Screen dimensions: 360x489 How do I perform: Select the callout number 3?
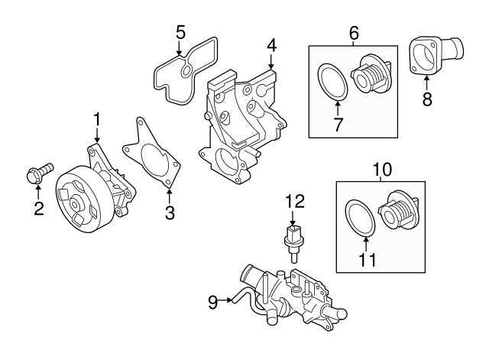pyautogui.click(x=170, y=214)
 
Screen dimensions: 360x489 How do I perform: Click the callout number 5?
pyautogui.click(x=180, y=32)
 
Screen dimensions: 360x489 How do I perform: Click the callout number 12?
pyautogui.click(x=295, y=202)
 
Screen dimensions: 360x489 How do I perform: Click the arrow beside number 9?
pyautogui.click(x=226, y=301)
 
